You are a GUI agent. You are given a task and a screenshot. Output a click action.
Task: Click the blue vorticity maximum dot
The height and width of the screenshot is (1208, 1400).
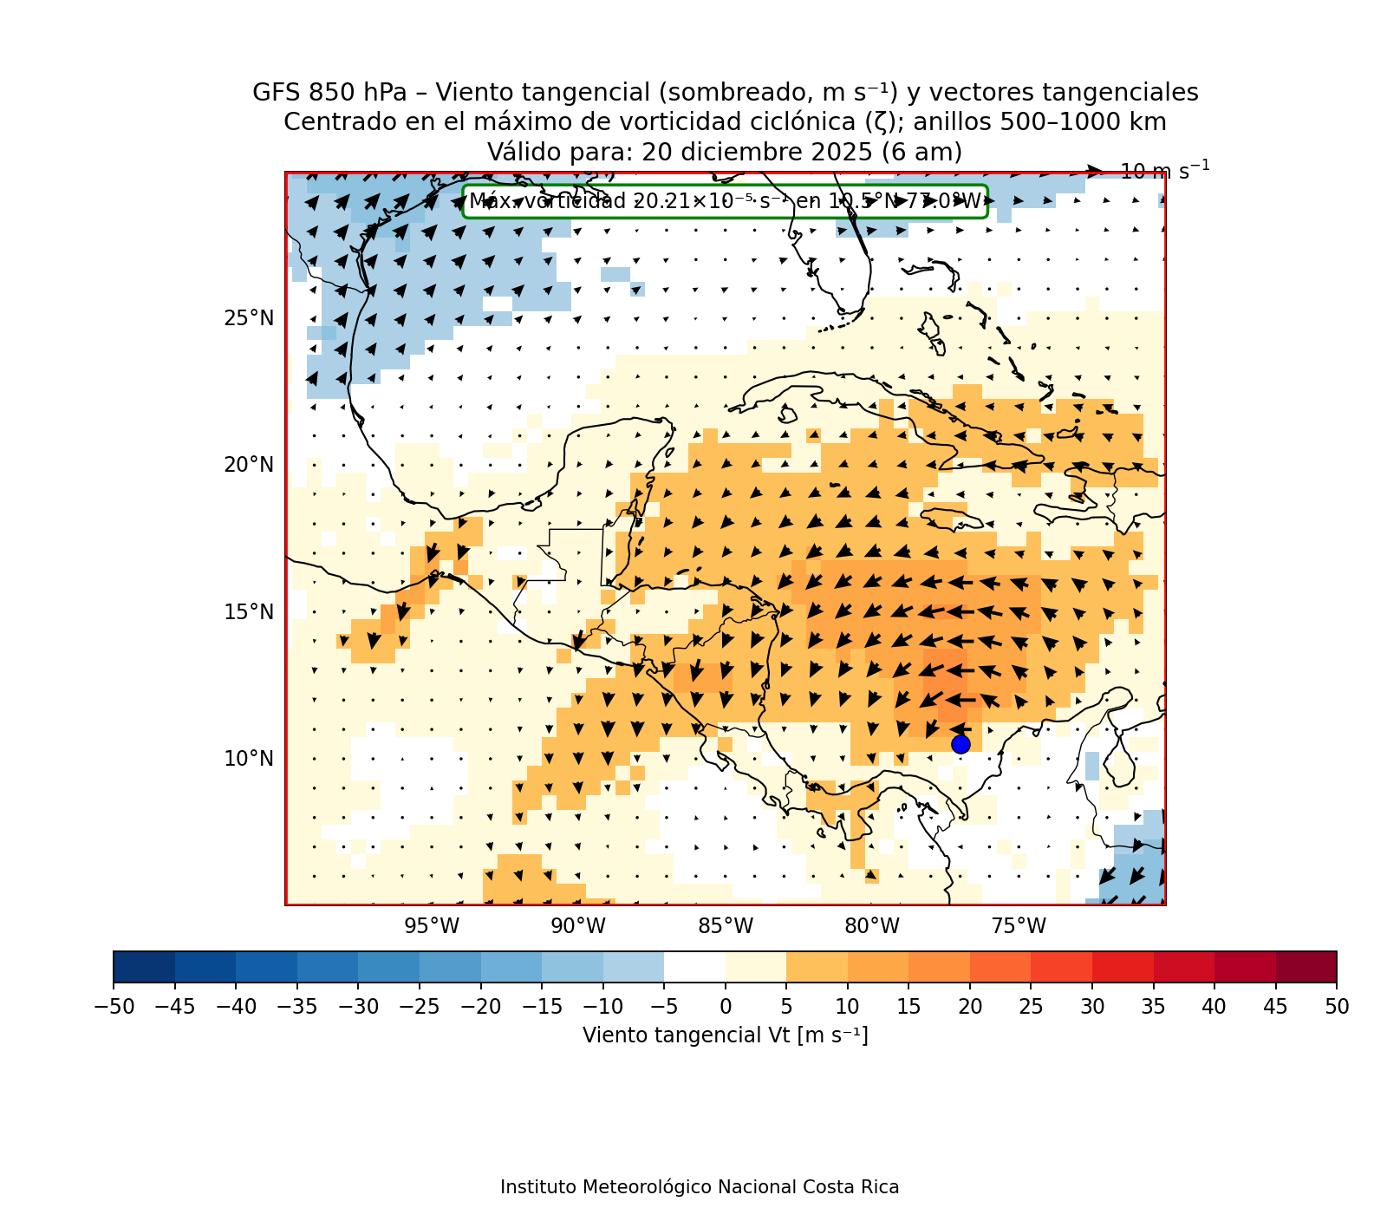click(960, 744)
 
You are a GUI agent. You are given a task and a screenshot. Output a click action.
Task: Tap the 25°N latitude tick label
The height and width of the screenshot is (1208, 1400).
click(249, 318)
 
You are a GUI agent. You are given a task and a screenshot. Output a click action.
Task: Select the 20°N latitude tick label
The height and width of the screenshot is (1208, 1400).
click(249, 465)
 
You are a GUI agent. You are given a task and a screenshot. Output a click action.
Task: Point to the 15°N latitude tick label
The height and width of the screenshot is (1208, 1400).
click(249, 612)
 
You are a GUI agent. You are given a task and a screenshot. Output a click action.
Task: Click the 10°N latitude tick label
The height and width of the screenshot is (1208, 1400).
click(249, 759)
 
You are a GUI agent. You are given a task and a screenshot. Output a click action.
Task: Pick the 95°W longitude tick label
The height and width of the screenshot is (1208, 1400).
click(432, 926)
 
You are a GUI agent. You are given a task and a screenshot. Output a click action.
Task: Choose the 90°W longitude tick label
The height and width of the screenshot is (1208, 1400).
click(578, 926)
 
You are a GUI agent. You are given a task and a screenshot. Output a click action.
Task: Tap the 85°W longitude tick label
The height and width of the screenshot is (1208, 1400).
click(726, 926)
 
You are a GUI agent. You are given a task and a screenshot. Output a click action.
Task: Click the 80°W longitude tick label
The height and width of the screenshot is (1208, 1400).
click(872, 926)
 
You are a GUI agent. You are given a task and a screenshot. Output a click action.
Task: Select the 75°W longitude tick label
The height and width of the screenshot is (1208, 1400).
click(1019, 926)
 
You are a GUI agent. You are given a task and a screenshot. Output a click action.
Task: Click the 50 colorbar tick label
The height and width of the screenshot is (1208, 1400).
click(1337, 1007)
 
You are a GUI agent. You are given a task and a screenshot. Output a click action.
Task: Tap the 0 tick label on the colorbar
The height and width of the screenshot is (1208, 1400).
click(726, 1007)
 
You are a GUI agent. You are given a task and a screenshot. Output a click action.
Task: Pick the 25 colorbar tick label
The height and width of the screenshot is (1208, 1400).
click(1031, 1007)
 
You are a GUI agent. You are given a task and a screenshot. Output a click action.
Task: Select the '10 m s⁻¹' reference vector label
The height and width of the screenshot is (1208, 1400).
click(1164, 171)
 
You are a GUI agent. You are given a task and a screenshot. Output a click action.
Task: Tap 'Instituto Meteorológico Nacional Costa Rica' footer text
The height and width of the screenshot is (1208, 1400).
click(700, 1187)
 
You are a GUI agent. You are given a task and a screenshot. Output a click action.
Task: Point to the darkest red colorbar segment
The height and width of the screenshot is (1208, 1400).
click(1306, 967)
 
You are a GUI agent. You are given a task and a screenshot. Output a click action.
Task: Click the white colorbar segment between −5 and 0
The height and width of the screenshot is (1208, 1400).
click(694, 967)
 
